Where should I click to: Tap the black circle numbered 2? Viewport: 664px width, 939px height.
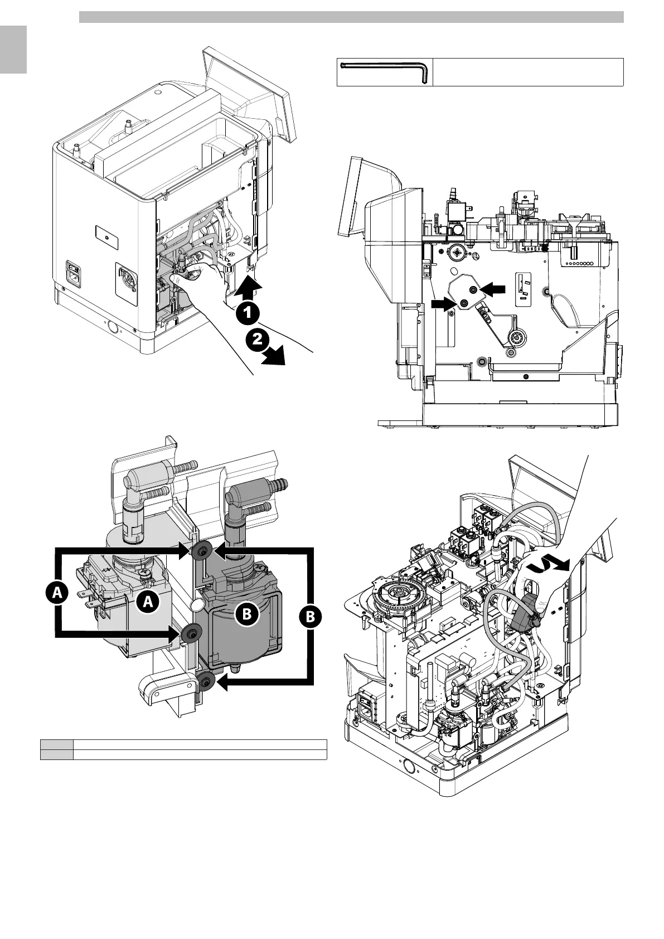(256, 341)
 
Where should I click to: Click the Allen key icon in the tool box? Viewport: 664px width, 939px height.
(385, 72)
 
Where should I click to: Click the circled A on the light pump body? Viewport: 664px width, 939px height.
(148, 601)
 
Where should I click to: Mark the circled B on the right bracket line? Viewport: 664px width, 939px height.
(311, 617)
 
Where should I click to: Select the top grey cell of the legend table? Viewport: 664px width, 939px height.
(56, 744)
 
